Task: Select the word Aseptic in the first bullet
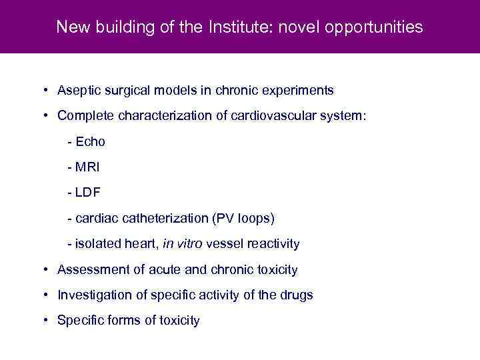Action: [77, 90]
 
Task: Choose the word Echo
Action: [90, 141]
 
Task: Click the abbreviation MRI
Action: [88, 167]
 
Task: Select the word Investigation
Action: [90, 295]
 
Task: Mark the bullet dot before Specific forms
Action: [43, 321]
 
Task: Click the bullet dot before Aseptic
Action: [43, 90]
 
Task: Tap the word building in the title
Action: [108, 27]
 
